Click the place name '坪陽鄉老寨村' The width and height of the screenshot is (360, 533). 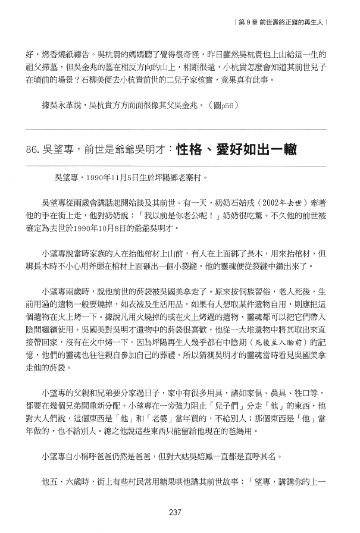point(180,177)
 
